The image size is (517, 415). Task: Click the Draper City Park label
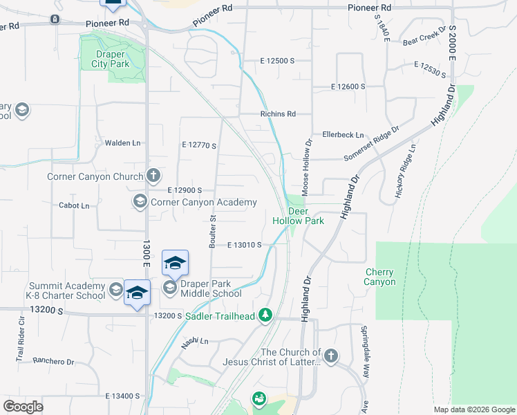(111, 59)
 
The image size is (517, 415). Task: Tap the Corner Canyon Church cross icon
(153, 176)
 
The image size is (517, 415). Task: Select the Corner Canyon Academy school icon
(140, 202)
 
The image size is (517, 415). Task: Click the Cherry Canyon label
(380, 277)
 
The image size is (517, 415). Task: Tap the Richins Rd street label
(278, 114)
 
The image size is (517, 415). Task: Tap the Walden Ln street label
(122, 143)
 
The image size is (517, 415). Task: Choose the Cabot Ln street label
(74, 205)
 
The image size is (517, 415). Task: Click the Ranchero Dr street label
(53, 361)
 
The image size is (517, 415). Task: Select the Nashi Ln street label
(195, 341)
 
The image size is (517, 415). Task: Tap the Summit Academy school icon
(115, 288)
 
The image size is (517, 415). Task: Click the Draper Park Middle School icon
(169, 287)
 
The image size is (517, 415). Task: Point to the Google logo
(23, 407)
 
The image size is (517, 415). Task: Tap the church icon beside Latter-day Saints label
(331, 356)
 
